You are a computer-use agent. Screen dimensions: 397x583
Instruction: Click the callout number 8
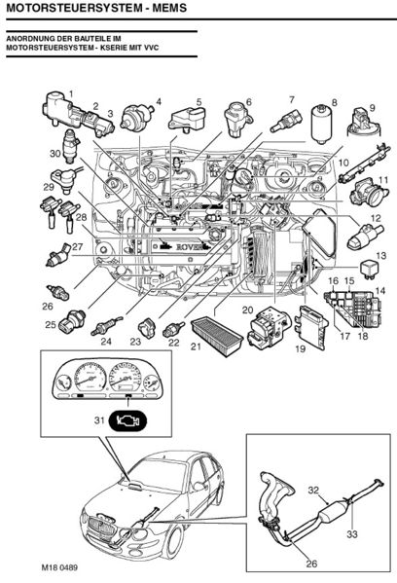pyautogui.click(x=334, y=103)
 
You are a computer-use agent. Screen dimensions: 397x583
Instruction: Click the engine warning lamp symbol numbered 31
pyautogui.click(x=127, y=421)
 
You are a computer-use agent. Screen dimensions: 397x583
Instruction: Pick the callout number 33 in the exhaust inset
pyautogui.click(x=352, y=534)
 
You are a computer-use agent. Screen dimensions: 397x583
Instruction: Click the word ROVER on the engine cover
pyautogui.click(x=191, y=247)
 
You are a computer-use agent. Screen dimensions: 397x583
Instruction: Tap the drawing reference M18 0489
pyautogui.click(x=59, y=567)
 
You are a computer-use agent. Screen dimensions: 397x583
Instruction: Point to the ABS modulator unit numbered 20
pyautogui.click(x=268, y=325)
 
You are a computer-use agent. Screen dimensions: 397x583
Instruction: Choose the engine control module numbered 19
pyautogui.click(x=311, y=326)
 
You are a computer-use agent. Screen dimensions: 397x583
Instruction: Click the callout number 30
pyautogui.click(x=55, y=153)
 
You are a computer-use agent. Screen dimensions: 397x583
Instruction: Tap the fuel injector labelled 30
pyautogui.click(x=71, y=145)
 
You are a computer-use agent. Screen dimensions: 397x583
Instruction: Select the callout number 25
pyautogui.click(x=51, y=324)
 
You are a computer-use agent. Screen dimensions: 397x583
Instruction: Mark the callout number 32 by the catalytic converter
pyautogui.click(x=313, y=490)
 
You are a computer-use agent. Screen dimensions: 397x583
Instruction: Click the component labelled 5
pyautogui.click(x=188, y=119)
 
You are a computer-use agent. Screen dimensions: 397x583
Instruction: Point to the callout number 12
pyautogui.click(x=376, y=218)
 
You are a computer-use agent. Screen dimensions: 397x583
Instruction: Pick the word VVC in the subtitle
pyautogui.click(x=152, y=48)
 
